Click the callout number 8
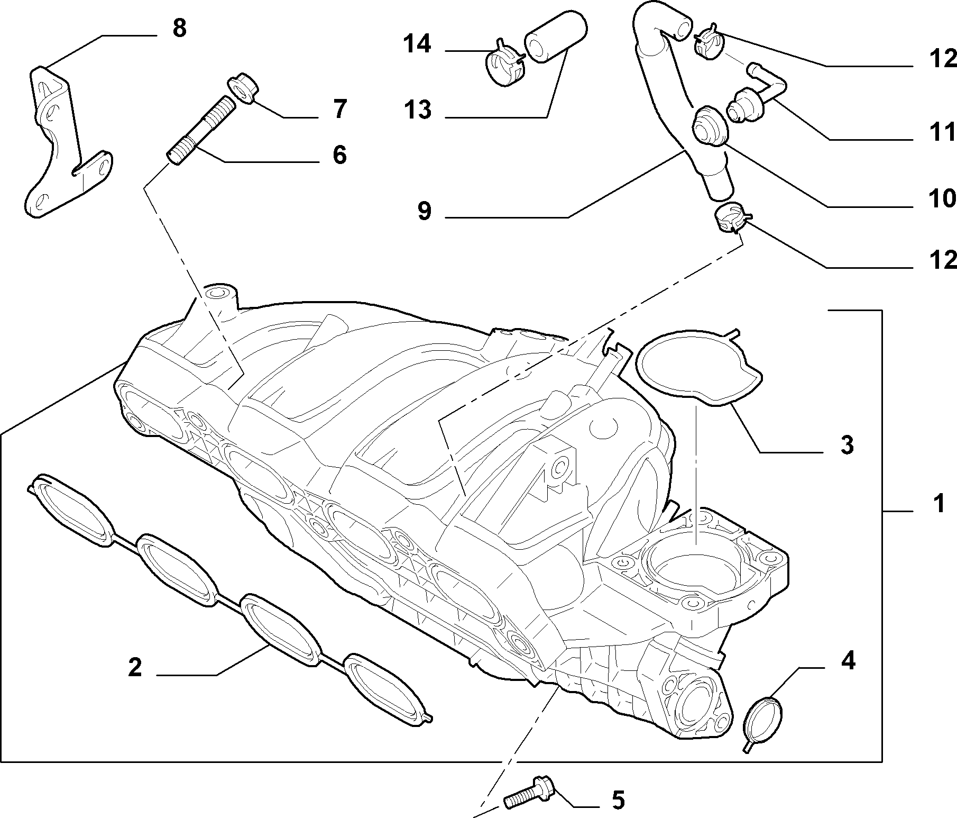179,28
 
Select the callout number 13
418,110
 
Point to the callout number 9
424,211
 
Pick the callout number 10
943,198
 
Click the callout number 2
135,668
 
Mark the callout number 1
938,503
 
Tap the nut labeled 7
242,88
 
